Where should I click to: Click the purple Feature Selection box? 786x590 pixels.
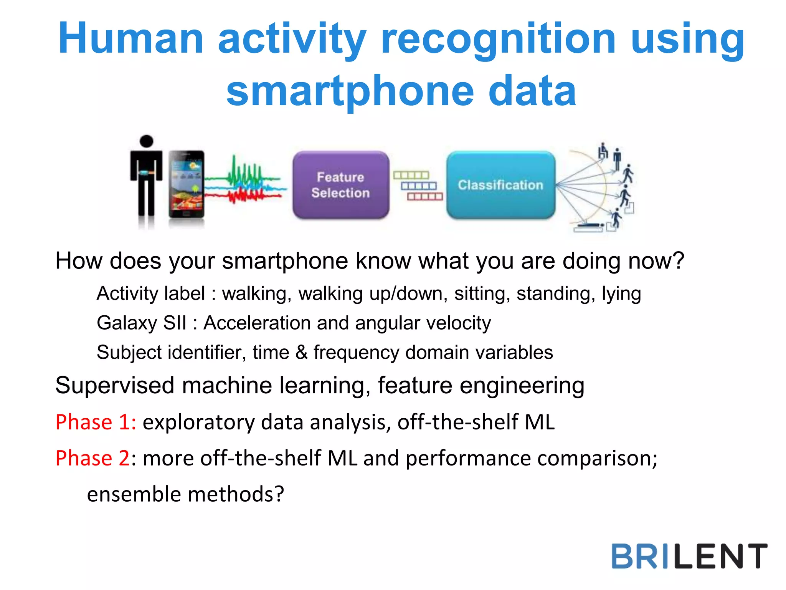(340, 185)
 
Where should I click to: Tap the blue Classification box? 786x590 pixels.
(500, 185)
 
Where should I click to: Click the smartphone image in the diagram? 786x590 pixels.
(187, 184)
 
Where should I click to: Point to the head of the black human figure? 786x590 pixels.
(146, 141)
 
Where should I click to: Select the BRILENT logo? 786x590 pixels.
(689, 556)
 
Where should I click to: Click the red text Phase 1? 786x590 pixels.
(96, 422)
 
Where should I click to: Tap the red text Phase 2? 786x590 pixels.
(92, 458)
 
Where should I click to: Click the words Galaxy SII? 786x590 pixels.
(141, 323)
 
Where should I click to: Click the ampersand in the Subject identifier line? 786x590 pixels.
(302, 352)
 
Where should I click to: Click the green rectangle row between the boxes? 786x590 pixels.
(411, 175)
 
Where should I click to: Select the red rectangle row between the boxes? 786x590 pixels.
(425, 197)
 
